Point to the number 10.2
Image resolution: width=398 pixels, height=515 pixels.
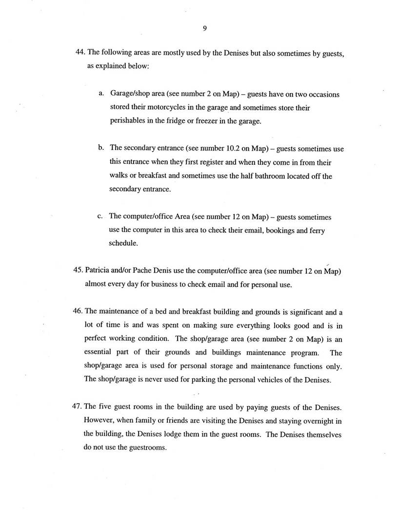point(222,148)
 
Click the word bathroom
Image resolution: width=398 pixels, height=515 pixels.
point(274,176)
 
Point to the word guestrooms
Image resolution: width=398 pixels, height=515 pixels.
point(145,447)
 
